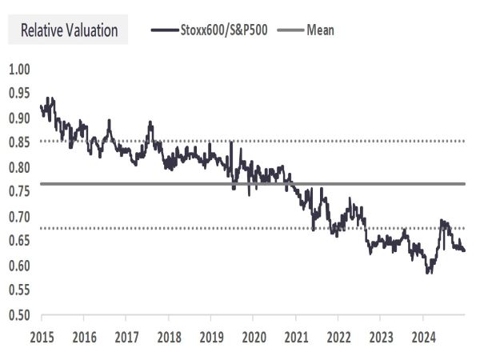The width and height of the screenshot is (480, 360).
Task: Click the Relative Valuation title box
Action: click(69, 31)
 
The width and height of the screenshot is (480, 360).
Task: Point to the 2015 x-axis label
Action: click(42, 338)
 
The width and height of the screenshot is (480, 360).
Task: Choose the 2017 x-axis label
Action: click(126, 338)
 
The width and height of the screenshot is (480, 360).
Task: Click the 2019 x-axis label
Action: click(211, 338)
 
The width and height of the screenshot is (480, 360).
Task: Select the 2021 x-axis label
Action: click(296, 338)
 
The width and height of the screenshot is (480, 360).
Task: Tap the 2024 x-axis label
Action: click(423, 338)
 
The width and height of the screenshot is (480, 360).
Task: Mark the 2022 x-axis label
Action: click(338, 338)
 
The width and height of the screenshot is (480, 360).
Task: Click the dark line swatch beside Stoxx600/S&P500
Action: click(163, 31)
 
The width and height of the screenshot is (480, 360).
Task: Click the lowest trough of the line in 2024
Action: click(429, 273)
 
